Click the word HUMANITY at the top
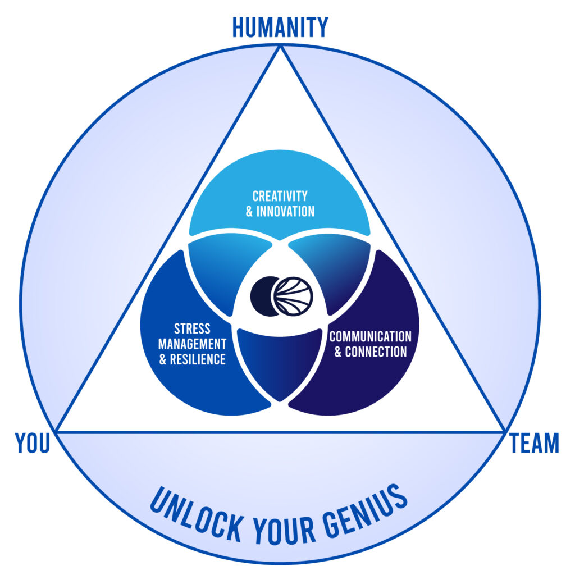pos(280,27)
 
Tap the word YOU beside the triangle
pos(33,444)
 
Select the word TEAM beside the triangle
pos(534,444)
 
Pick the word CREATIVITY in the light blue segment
pos(280,197)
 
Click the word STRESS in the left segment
pos(192,328)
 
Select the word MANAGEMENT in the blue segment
pos(192,344)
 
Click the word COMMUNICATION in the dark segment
pos(370,337)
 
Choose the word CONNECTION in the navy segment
pos(376,352)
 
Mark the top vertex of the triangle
pos(280,47)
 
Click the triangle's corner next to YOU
pos(57,431)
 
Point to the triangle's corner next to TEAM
pos(504,431)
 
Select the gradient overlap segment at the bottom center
pos(279,362)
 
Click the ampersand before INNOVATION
pos(250,212)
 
